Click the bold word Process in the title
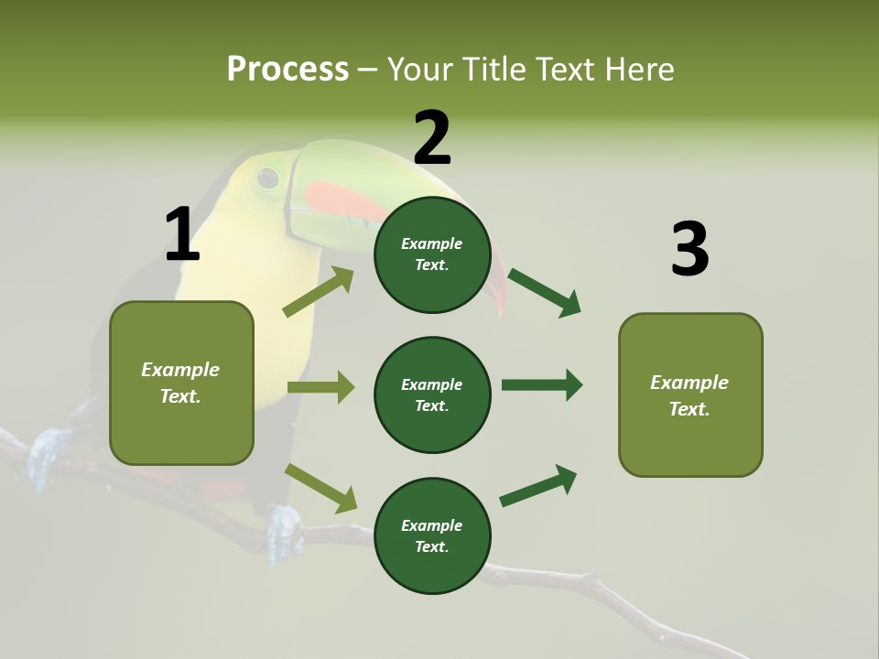288,69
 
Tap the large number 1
182,234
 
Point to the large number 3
689,250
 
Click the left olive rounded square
181,383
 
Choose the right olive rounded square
690,394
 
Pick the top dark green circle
432,254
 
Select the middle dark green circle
432,394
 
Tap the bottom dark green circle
432,535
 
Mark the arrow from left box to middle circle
320,387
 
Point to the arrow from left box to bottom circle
320,488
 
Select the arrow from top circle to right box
544,292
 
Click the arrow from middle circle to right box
542,384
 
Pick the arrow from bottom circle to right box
539,486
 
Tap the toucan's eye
267,178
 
